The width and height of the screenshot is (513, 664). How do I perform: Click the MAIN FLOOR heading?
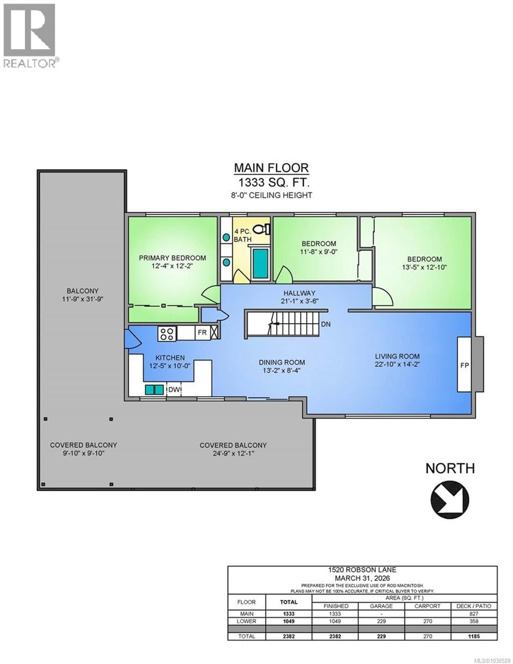click(271, 168)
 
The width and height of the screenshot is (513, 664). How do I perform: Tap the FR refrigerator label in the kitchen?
click(202, 332)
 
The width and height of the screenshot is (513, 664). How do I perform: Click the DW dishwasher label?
click(173, 390)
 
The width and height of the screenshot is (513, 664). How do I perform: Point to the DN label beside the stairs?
click(326, 324)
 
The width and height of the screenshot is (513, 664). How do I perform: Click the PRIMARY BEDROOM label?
click(172, 258)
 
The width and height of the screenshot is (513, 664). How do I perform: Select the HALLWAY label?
click(299, 293)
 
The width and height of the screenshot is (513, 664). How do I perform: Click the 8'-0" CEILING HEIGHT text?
click(272, 195)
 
